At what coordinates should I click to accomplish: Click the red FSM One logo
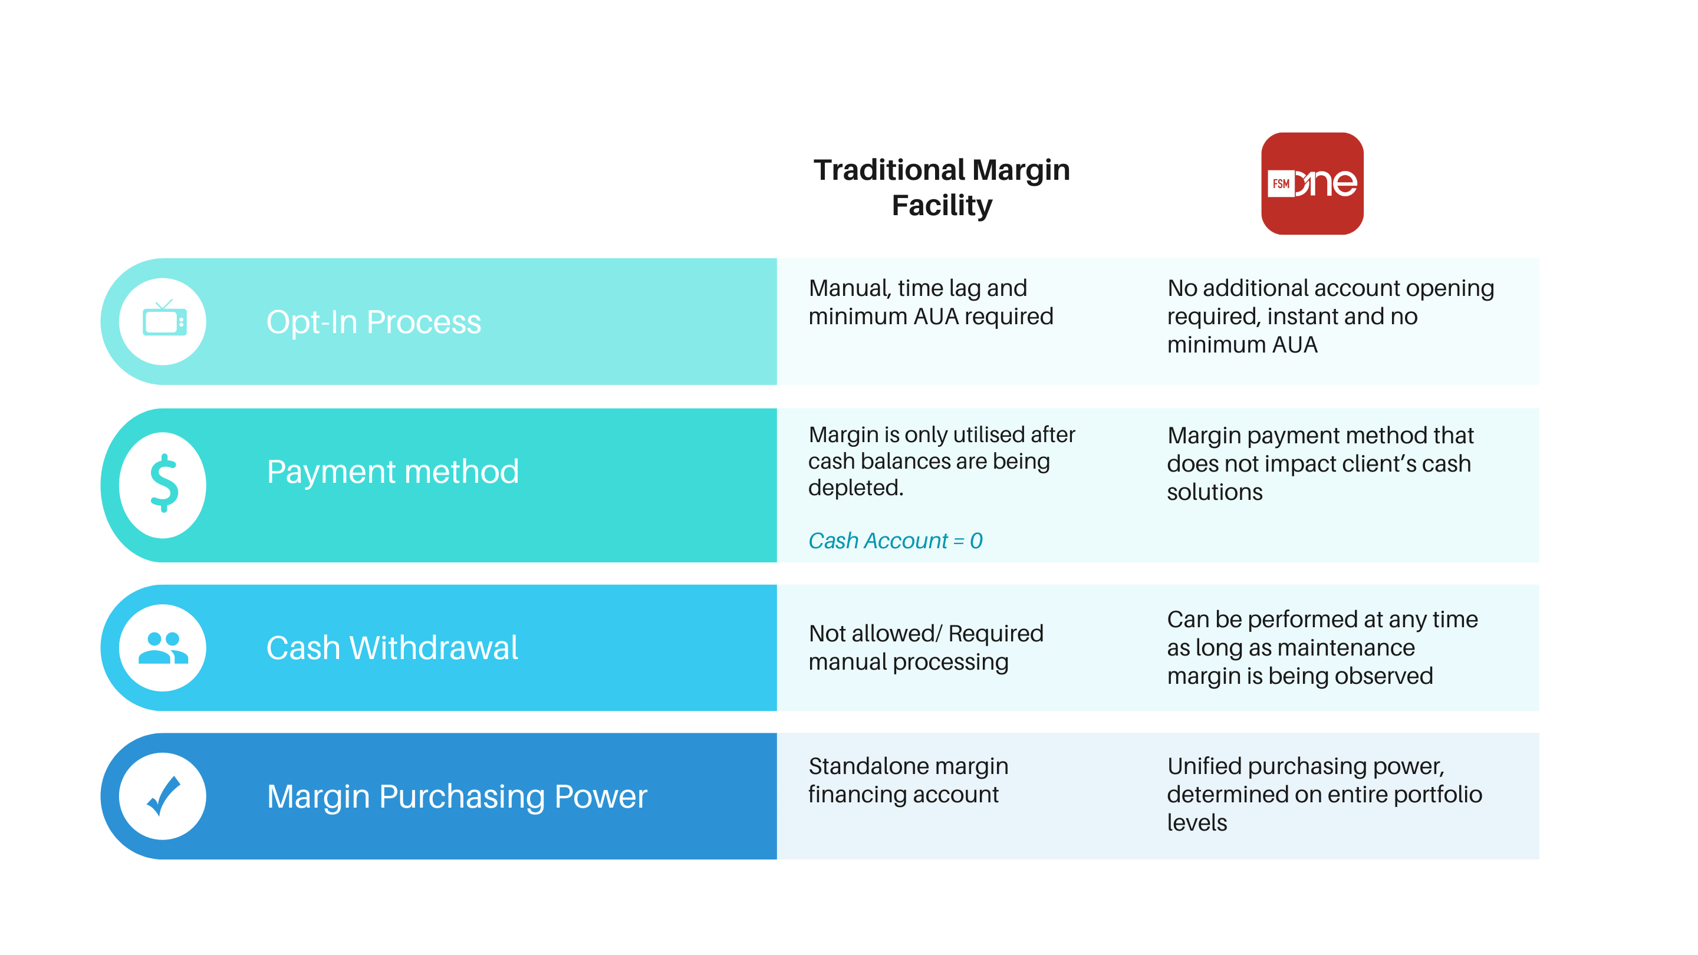tap(1312, 183)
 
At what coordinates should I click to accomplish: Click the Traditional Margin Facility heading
tap(942, 187)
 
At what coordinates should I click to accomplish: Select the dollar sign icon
tap(163, 484)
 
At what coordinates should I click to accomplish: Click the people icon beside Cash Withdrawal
tap(163, 647)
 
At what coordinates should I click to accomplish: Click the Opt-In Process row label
tap(374, 322)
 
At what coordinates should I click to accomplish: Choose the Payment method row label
tap(393, 471)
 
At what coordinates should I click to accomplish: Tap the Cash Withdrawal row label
tap(392, 647)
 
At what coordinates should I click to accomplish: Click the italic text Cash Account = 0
tap(895, 541)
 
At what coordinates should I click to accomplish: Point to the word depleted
tap(855, 488)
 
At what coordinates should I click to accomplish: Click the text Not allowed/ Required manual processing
tap(926, 647)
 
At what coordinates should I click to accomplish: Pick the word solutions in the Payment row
tap(1214, 492)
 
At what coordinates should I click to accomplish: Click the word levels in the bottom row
tap(1196, 822)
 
